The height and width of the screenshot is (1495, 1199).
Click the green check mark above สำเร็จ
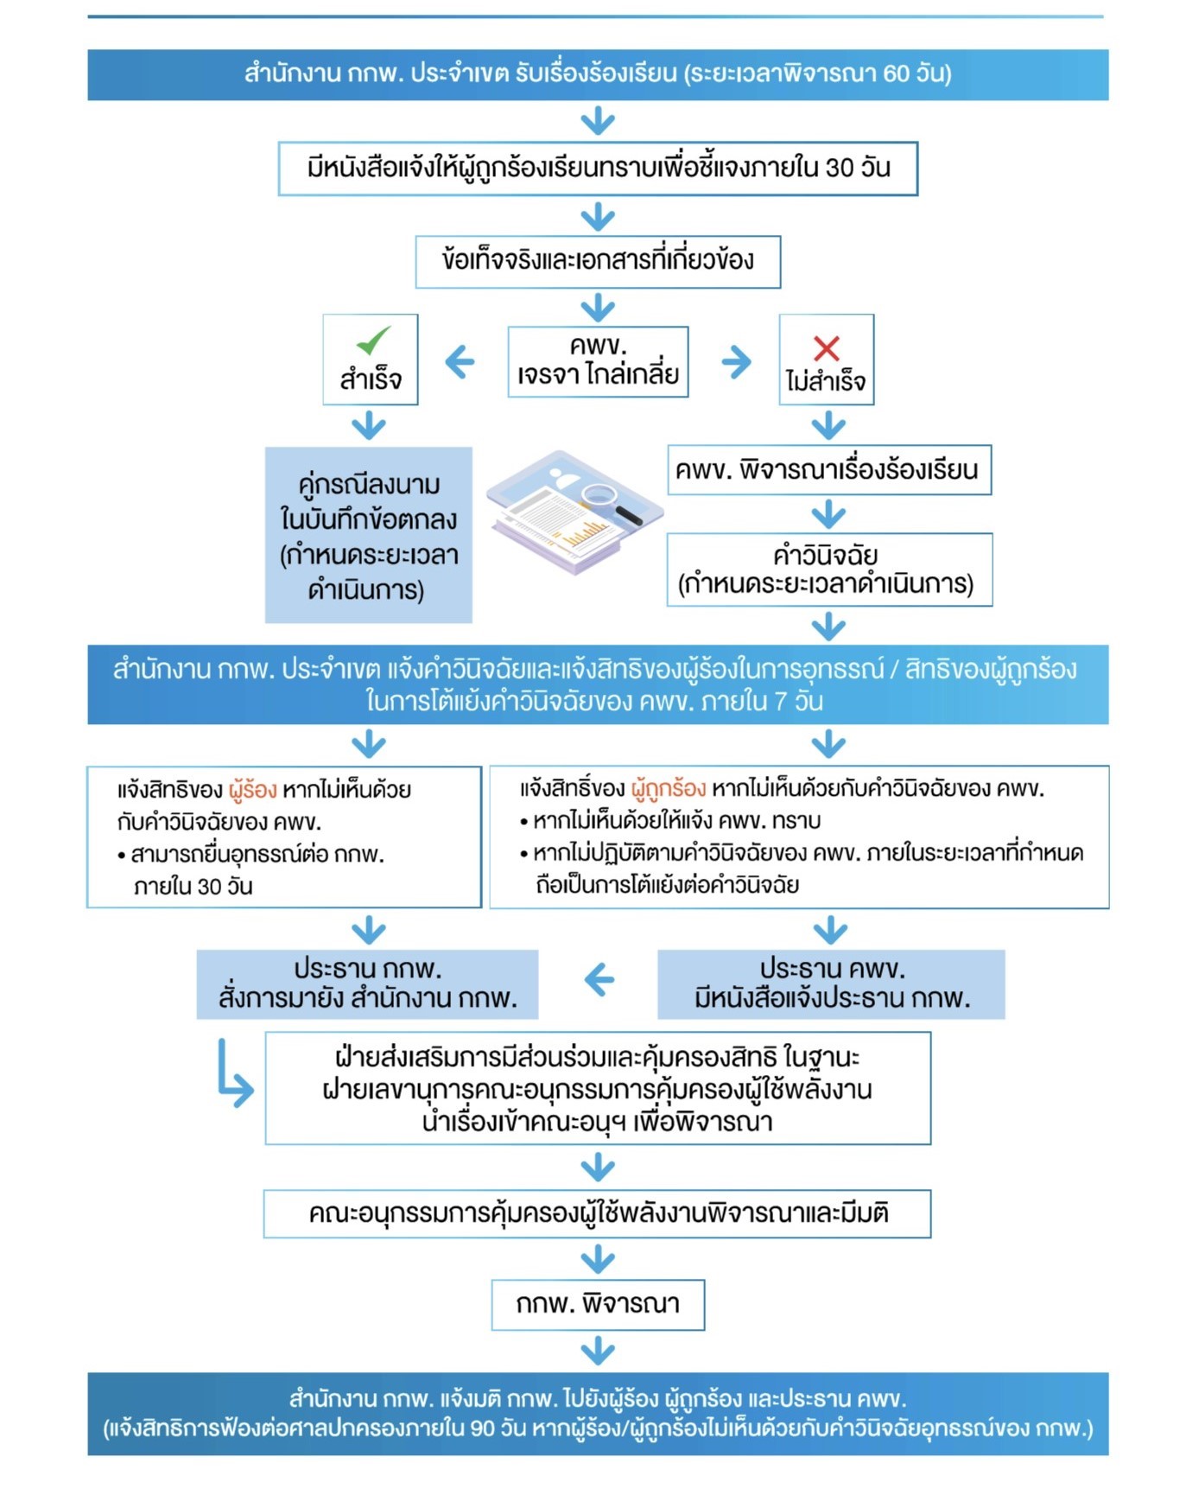click(373, 340)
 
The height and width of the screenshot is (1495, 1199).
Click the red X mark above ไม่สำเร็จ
click(827, 348)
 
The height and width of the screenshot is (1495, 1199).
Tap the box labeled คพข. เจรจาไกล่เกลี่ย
click(598, 361)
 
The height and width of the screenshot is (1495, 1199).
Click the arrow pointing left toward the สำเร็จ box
click(460, 362)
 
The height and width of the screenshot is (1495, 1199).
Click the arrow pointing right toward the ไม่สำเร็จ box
click(736, 362)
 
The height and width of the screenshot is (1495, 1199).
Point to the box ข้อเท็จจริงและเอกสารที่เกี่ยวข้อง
click(598, 261)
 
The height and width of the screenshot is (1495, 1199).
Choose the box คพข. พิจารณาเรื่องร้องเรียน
click(829, 470)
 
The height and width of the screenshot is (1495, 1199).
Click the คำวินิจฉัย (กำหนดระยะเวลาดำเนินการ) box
click(829, 569)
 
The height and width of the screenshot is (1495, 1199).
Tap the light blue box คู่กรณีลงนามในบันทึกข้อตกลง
click(369, 535)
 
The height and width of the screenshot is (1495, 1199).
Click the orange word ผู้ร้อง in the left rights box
click(253, 790)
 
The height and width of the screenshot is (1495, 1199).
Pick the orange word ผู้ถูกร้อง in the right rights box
click(669, 789)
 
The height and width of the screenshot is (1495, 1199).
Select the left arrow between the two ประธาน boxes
click(599, 980)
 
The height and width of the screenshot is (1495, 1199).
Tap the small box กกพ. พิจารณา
click(598, 1305)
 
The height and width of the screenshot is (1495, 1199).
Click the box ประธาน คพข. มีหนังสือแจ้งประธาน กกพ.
click(831, 984)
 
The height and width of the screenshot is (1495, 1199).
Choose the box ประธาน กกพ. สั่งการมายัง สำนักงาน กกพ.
click(367, 984)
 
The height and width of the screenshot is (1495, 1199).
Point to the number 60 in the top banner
click(897, 73)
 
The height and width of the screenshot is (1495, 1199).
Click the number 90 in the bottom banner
click(483, 1428)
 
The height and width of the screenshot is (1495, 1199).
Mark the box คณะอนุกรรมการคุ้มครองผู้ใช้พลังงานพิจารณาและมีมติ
click(598, 1214)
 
